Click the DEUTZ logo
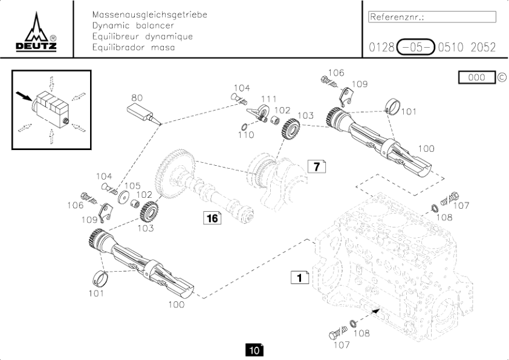coord(36,32)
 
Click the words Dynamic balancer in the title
coord(133,25)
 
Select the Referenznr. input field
coord(432,17)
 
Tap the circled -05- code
coord(415,47)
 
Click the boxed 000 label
coord(477,77)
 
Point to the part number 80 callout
coord(137,97)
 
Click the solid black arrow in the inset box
coord(24,96)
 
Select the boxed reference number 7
coord(317,166)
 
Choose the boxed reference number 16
coord(212,218)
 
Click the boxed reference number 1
coord(300,277)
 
